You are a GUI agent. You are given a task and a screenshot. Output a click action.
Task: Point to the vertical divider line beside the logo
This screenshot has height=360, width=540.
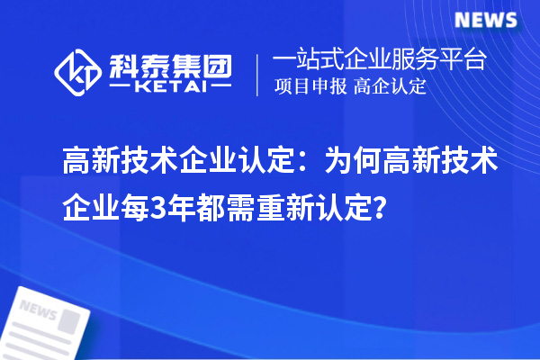[x=259, y=73]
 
